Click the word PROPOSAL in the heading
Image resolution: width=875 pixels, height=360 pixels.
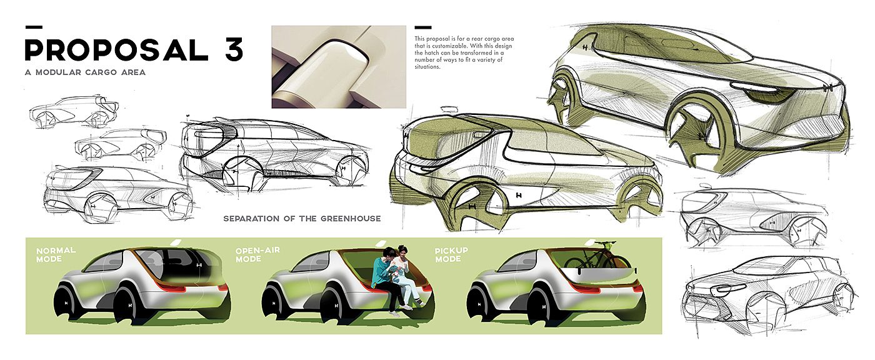point(116,50)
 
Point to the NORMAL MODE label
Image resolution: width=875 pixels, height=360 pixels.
point(56,254)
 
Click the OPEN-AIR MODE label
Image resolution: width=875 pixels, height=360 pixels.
point(257,254)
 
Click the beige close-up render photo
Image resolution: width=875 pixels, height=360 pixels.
point(338,67)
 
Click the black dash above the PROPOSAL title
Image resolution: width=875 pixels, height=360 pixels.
point(34,27)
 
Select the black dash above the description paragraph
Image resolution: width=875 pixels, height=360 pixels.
point(422,27)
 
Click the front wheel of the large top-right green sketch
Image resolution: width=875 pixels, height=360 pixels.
point(703,125)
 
